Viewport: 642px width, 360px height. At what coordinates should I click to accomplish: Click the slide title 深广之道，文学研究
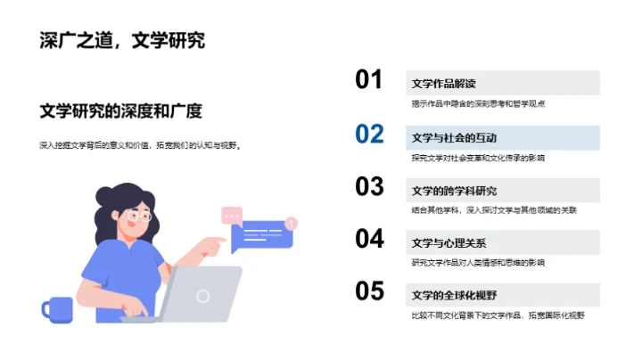tap(122, 40)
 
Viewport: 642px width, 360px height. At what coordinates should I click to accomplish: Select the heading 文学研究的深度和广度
tap(121, 111)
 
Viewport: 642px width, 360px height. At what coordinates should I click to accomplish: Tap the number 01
tap(369, 80)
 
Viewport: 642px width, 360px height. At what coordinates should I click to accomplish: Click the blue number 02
tap(369, 134)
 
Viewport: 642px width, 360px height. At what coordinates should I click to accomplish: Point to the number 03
tap(369, 186)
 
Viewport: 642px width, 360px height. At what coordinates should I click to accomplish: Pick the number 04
tap(369, 239)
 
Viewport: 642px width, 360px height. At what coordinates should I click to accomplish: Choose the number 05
tap(369, 291)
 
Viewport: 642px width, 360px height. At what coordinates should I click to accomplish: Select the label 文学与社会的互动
tap(454, 138)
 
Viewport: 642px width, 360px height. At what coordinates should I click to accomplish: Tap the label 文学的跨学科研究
tap(454, 191)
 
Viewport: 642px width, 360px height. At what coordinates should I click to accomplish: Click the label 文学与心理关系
tap(449, 243)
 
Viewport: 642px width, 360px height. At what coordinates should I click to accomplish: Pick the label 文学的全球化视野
tap(454, 296)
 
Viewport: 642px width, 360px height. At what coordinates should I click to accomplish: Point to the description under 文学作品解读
tap(478, 104)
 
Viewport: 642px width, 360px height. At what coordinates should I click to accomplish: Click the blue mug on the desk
tap(57, 308)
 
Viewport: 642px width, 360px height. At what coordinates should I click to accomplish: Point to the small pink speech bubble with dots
tap(232, 215)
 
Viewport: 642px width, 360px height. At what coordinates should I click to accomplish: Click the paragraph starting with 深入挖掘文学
tap(140, 144)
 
